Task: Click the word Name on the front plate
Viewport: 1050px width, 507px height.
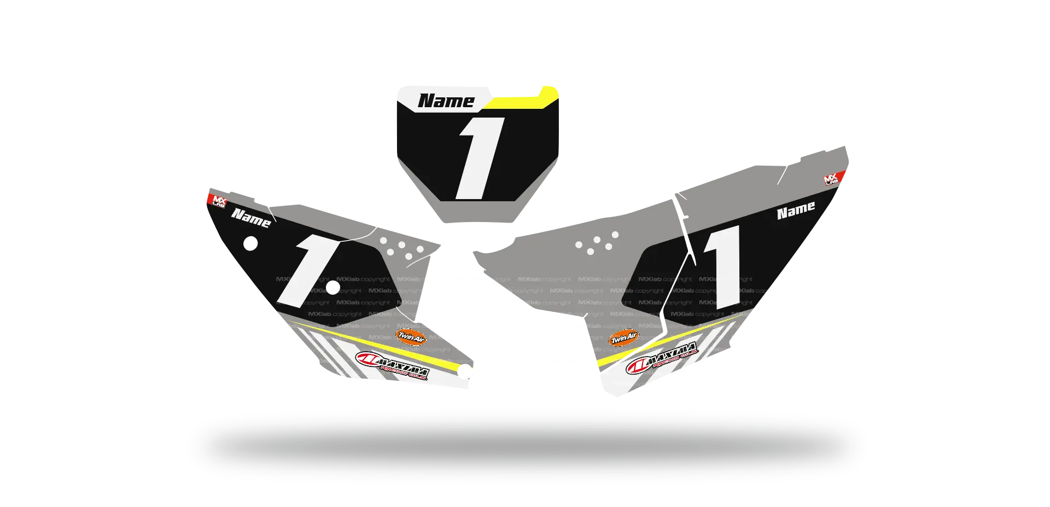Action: tap(446, 101)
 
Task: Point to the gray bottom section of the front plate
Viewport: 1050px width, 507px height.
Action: tap(476, 211)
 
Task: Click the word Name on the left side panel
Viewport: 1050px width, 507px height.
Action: tap(251, 218)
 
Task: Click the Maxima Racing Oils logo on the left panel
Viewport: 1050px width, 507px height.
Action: tap(392, 365)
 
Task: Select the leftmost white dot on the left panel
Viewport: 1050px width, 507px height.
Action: tap(383, 241)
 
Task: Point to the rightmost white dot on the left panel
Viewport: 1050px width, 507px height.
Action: tap(420, 249)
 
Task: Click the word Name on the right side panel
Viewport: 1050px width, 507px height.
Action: tap(796, 211)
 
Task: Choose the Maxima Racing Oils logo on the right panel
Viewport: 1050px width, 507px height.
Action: tap(662, 358)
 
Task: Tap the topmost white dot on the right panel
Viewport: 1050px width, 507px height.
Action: tap(615, 235)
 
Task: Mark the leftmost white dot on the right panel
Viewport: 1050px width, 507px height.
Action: tap(579, 244)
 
